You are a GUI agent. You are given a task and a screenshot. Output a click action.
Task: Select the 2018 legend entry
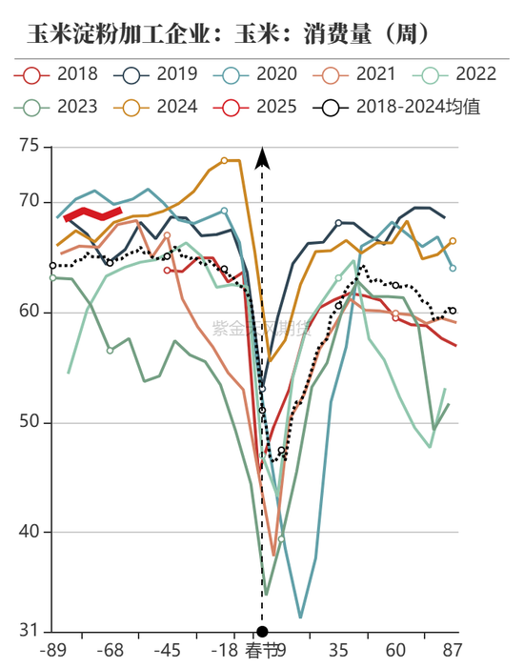(x=62, y=73)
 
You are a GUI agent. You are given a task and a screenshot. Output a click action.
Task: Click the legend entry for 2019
(x=162, y=73)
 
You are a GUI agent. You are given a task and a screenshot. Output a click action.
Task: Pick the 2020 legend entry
(x=262, y=73)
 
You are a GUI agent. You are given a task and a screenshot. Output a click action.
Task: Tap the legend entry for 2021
(x=363, y=73)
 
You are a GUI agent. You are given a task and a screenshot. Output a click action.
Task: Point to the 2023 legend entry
(x=62, y=106)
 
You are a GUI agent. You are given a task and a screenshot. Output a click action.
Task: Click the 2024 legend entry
(x=162, y=106)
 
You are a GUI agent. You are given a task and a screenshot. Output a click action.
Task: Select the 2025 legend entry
(x=262, y=106)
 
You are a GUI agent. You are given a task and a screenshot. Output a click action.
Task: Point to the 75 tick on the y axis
(x=30, y=146)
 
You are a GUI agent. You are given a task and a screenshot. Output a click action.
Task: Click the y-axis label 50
(x=30, y=422)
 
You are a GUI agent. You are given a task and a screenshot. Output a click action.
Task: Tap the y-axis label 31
(x=30, y=631)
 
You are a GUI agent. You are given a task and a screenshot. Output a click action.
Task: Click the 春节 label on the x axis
(x=263, y=652)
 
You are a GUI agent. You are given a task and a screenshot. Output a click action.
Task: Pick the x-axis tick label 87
(x=452, y=652)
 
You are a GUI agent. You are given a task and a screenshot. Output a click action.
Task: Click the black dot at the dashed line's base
(x=263, y=631)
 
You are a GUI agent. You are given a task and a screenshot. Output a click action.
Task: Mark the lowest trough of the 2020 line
(x=300, y=617)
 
